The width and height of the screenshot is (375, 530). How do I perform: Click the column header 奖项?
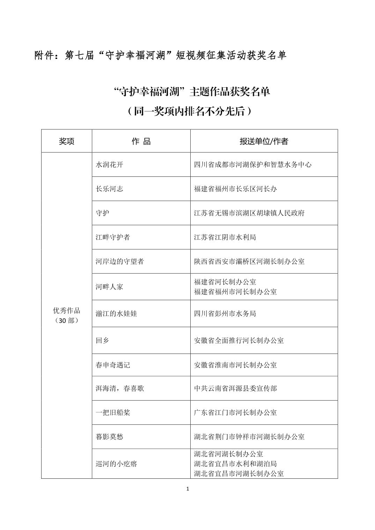pos(66,141)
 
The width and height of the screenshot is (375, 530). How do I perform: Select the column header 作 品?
pos(141,141)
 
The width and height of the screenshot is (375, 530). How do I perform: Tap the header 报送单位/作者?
pos(264,141)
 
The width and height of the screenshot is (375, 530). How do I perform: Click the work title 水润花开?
pos(109,165)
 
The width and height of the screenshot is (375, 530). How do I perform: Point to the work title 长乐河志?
pos(109,189)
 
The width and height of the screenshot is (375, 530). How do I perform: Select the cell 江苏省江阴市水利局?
pos(225,237)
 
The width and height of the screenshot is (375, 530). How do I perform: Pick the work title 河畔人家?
pos(109,287)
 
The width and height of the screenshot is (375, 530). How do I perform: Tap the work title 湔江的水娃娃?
pos(116,313)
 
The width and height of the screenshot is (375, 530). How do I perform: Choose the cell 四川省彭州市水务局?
pos(225,313)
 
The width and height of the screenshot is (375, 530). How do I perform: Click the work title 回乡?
pos(102,340)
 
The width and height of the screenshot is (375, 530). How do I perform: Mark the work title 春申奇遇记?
pos(113,365)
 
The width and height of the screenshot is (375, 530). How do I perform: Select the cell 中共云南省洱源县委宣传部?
pos(235,388)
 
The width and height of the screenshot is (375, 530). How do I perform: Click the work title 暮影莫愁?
pos(109,437)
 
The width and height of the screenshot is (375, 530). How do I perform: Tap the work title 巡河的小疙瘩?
pos(116,464)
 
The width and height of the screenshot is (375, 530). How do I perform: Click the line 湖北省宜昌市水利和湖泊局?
pos(235,464)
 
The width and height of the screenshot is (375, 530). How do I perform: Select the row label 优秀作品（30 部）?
pos(66,315)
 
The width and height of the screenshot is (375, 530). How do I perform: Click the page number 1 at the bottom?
pos(188,489)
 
